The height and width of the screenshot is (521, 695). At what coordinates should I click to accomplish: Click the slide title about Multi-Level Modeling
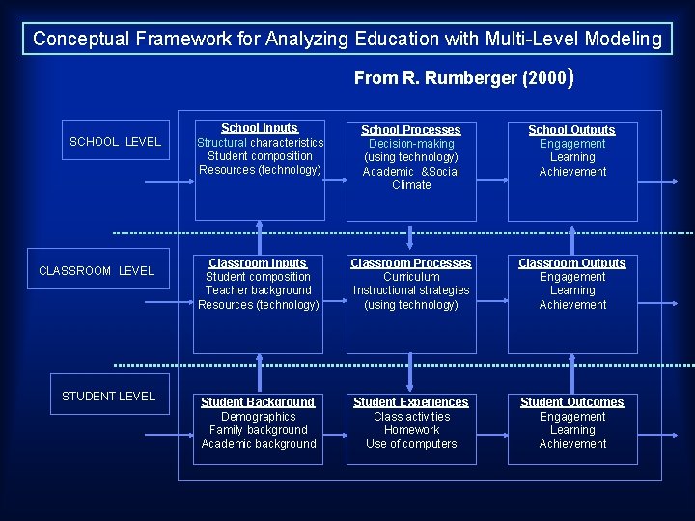[x=347, y=40]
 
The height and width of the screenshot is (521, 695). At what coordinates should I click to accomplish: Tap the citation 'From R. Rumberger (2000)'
[x=464, y=78]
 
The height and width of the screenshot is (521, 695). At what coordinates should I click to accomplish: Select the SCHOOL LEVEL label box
[x=116, y=142]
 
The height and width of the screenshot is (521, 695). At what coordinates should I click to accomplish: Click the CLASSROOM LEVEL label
[x=97, y=271]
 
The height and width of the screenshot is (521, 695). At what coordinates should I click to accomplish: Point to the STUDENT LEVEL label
[x=108, y=397]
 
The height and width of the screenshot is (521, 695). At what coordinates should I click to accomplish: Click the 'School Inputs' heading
[x=260, y=128]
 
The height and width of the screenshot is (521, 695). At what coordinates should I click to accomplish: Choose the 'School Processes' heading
[x=411, y=129]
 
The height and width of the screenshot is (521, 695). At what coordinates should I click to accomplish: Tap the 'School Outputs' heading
[x=572, y=129]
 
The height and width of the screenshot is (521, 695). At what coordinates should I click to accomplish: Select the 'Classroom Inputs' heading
[x=258, y=262]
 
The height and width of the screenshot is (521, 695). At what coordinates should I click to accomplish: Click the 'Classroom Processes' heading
[x=411, y=262]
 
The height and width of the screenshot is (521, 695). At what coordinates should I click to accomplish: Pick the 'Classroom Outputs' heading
[x=572, y=262]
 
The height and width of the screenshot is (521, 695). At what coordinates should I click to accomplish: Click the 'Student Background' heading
[x=258, y=402]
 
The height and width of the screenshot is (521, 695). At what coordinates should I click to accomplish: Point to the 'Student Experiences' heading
[x=411, y=402]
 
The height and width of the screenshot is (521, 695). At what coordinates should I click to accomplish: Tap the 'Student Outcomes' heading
[x=572, y=402]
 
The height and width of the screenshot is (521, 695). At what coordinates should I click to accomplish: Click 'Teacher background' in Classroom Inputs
[x=259, y=290]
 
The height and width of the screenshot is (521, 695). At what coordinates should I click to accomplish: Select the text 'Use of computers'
[x=411, y=444]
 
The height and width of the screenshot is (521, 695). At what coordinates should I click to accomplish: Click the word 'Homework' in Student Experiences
[x=411, y=430]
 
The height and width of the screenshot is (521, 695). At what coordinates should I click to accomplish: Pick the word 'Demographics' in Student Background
[x=259, y=417]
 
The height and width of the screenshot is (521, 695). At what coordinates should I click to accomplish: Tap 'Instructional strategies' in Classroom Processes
[x=411, y=290]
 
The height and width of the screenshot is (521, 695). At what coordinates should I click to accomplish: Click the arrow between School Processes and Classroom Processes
[x=411, y=236]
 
